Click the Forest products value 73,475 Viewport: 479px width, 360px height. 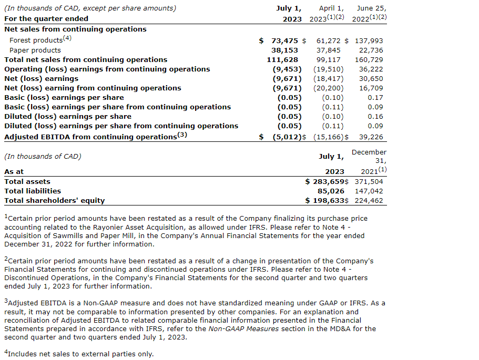pyautogui.click(x=285, y=40)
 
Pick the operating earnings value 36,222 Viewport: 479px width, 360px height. pyautogui.click(x=371, y=69)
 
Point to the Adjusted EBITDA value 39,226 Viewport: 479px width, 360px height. pyautogui.click(x=371, y=137)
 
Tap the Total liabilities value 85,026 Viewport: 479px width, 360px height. pyautogui.click(x=331, y=191)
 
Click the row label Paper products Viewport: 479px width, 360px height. pyautogui.click(x=35, y=50)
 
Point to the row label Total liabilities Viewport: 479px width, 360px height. pyautogui.click(x=33, y=191)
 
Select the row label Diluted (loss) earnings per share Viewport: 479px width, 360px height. pyautogui.click(x=68, y=116)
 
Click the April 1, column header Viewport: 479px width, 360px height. pyautogui.click(x=331, y=8)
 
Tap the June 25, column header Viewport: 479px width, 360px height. pyautogui.click(x=372, y=8)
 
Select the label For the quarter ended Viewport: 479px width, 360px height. pyautogui.click(x=46, y=18)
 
